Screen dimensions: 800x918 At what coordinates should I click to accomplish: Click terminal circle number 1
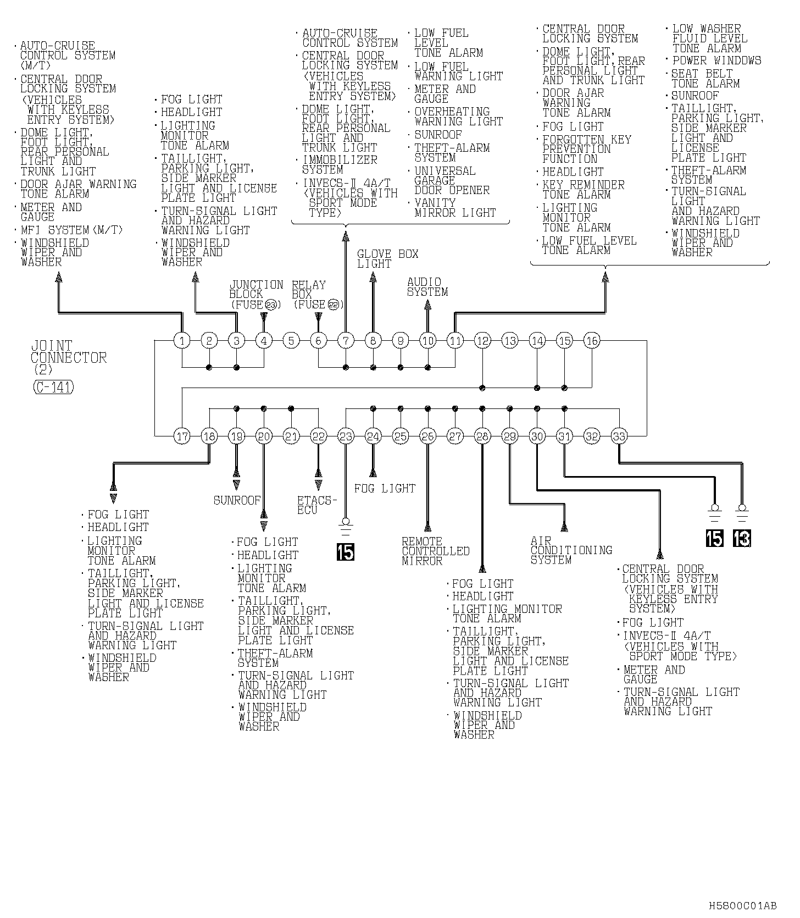coord(182,341)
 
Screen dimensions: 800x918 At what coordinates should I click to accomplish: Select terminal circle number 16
coord(592,341)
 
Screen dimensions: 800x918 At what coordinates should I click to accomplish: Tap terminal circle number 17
coord(182,436)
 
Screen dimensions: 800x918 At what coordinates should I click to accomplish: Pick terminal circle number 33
coord(619,436)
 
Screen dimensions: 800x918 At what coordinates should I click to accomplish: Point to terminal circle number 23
coord(346,436)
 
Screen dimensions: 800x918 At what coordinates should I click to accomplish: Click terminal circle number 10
coord(428,341)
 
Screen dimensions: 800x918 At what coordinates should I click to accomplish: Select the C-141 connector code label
coord(53,387)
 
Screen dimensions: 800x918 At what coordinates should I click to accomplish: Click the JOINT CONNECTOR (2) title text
coord(68,357)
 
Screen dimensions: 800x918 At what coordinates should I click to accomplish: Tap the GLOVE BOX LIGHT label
coord(387,259)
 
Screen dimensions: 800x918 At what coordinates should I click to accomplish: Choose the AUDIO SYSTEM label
coord(427,287)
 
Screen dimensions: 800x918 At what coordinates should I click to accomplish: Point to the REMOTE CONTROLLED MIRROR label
coord(435,551)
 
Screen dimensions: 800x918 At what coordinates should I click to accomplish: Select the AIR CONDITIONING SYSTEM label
coord(571,550)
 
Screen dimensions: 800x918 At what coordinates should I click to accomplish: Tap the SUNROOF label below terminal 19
coord(237,500)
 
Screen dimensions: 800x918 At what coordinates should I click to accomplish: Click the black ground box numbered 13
coord(742,538)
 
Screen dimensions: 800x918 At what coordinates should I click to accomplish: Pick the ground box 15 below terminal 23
coord(346,551)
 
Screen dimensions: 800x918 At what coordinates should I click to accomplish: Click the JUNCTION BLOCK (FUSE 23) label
coord(256,295)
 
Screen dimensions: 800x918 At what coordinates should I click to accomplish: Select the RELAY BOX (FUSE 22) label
coord(318,295)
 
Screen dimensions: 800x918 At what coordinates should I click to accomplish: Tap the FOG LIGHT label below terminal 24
coord(385,488)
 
